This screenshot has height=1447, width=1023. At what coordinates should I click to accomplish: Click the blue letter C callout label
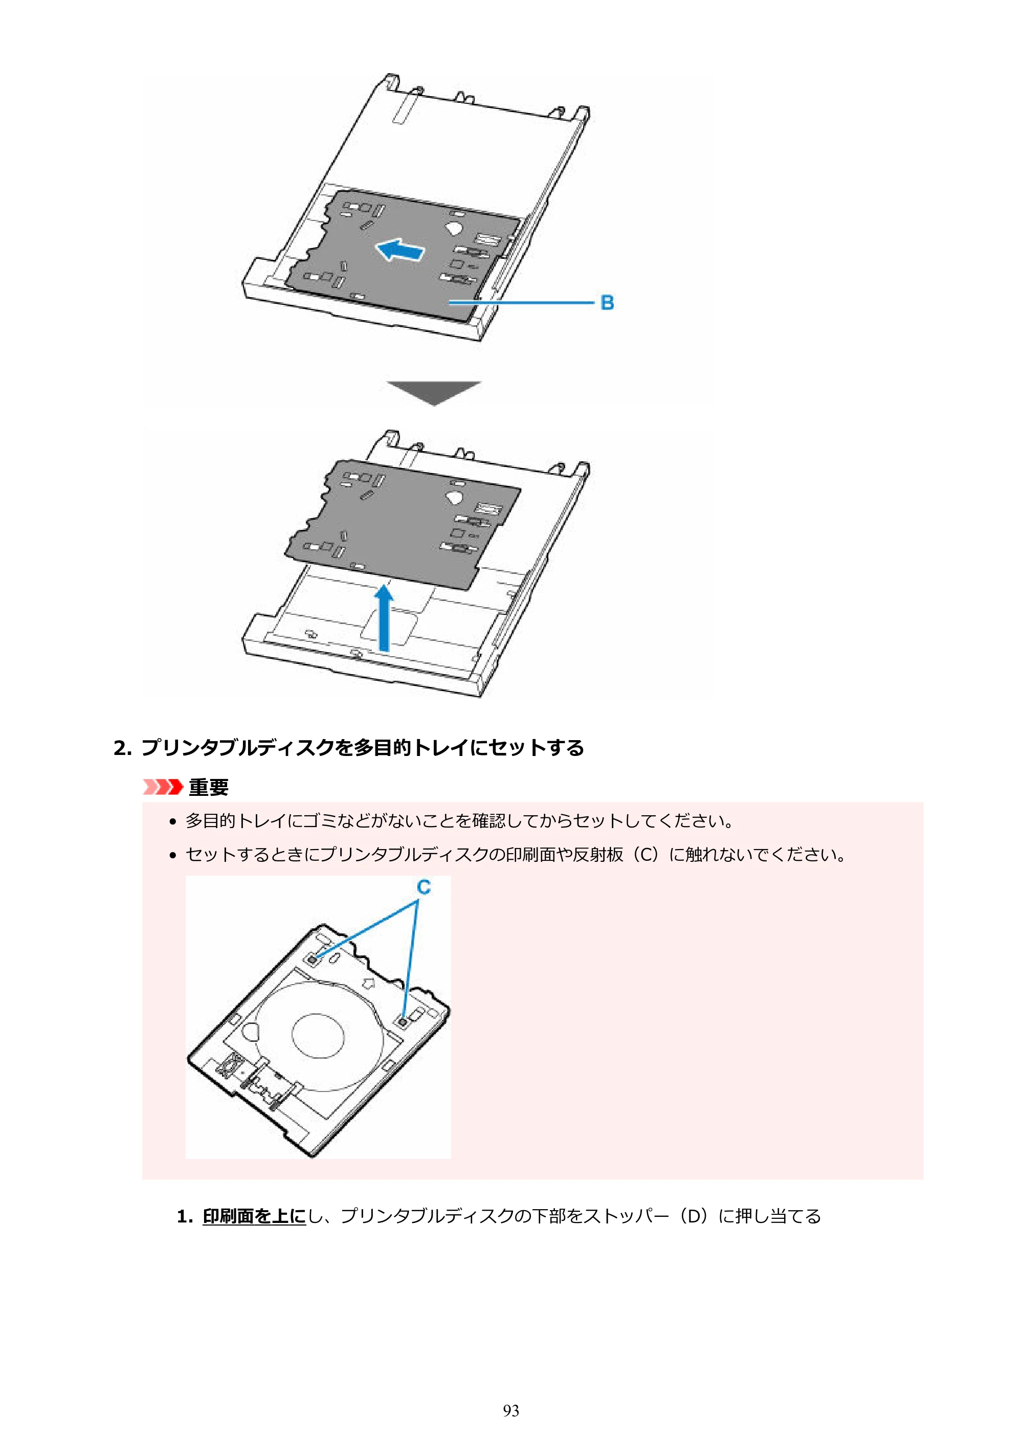[424, 887]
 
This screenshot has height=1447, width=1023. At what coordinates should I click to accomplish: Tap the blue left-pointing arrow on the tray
[399, 250]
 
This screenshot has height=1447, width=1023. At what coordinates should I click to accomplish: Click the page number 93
[511, 1411]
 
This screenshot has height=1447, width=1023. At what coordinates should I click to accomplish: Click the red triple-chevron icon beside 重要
[163, 787]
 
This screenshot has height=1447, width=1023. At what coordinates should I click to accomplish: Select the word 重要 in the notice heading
[209, 787]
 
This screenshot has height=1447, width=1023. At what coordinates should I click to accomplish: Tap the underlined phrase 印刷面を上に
[254, 1216]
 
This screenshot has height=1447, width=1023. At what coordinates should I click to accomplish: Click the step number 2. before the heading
[122, 748]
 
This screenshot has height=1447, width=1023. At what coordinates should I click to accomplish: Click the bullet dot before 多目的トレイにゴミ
[173, 822]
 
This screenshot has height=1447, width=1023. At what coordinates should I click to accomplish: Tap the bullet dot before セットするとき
[173, 856]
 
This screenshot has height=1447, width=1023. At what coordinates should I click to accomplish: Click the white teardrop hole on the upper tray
[454, 226]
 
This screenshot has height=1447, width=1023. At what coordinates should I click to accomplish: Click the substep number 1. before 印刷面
[185, 1216]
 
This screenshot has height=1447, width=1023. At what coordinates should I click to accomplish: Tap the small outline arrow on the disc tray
[368, 983]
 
